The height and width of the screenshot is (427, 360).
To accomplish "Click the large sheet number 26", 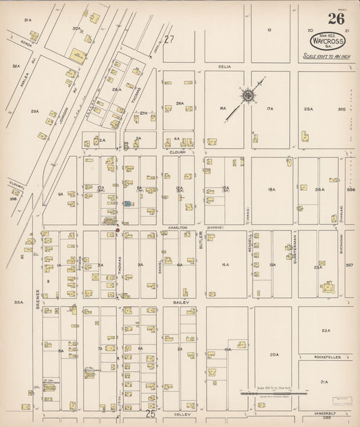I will [x=336, y=19].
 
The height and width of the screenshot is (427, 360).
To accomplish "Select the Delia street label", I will [x=224, y=67].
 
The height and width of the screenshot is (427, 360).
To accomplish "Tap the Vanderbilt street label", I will [x=327, y=413].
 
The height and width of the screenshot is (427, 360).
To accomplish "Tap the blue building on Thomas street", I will [x=127, y=203].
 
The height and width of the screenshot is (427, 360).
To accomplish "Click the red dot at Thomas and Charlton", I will [x=118, y=230].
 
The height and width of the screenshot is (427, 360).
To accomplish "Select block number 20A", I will [x=274, y=354].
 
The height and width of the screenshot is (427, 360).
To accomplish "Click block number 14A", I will [x=226, y=264].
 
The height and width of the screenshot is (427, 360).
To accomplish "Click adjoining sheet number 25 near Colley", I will [x=150, y=409].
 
